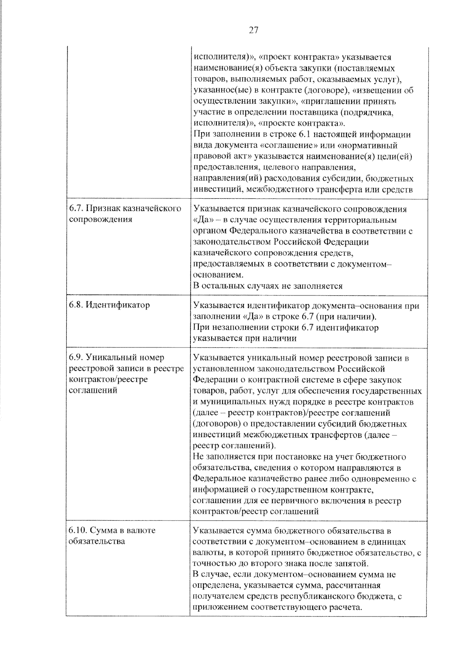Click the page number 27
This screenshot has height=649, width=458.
pyautogui.click(x=254, y=30)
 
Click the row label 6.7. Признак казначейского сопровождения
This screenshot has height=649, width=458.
pyautogui.click(x=125, y=214)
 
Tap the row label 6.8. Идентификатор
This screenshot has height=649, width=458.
pyautogui.click(x=109, y=305)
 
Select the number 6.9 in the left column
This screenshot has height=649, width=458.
pyautogui.click(x=76, y=357)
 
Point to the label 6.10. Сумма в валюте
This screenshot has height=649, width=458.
pyautogui.click(x=112, y=531)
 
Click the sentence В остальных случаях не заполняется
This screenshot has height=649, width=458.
pyautogui.click(x=268, y=286)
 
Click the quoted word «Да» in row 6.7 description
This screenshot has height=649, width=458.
pyautogui.click(x=203, y=220)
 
